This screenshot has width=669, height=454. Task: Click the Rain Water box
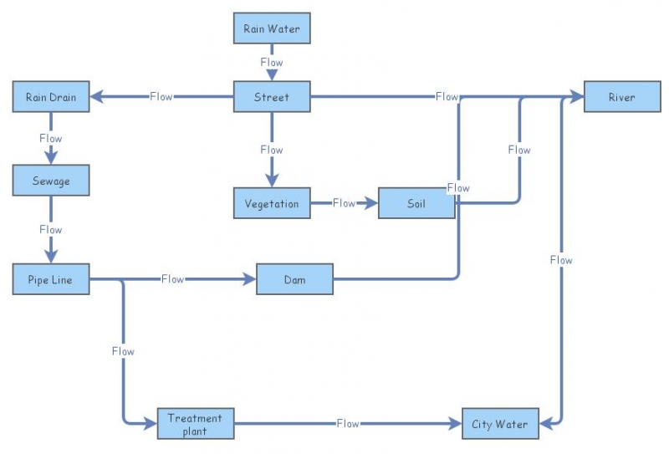pos(272,28)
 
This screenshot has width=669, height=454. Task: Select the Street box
pos(272,97)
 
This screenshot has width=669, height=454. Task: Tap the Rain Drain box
pos(51,97)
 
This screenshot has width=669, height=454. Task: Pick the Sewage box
pos(51,180)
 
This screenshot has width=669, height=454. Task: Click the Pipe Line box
pos(51,279)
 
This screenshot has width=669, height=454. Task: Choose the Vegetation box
pos(272,203)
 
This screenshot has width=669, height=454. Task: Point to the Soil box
pos(416,203)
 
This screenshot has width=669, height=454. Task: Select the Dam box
pos(294,279)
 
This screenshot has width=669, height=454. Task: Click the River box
pos(621,97)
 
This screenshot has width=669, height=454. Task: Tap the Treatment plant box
pos(196,424)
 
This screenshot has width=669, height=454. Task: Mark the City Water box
pos(500,424)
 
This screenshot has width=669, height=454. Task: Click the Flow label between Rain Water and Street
pos(272,63)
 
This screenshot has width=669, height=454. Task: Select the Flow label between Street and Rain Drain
pos(161,97)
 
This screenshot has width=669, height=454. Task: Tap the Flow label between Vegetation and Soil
pos(344,203)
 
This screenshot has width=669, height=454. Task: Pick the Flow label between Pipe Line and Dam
pos(172,279)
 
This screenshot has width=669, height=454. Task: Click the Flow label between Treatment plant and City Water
pos(348,424)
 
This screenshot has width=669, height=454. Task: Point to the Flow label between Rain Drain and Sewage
pos(51,139)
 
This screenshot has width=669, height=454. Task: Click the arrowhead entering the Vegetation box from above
pos(272,180)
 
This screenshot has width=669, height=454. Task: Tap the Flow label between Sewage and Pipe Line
pos(51,229)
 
